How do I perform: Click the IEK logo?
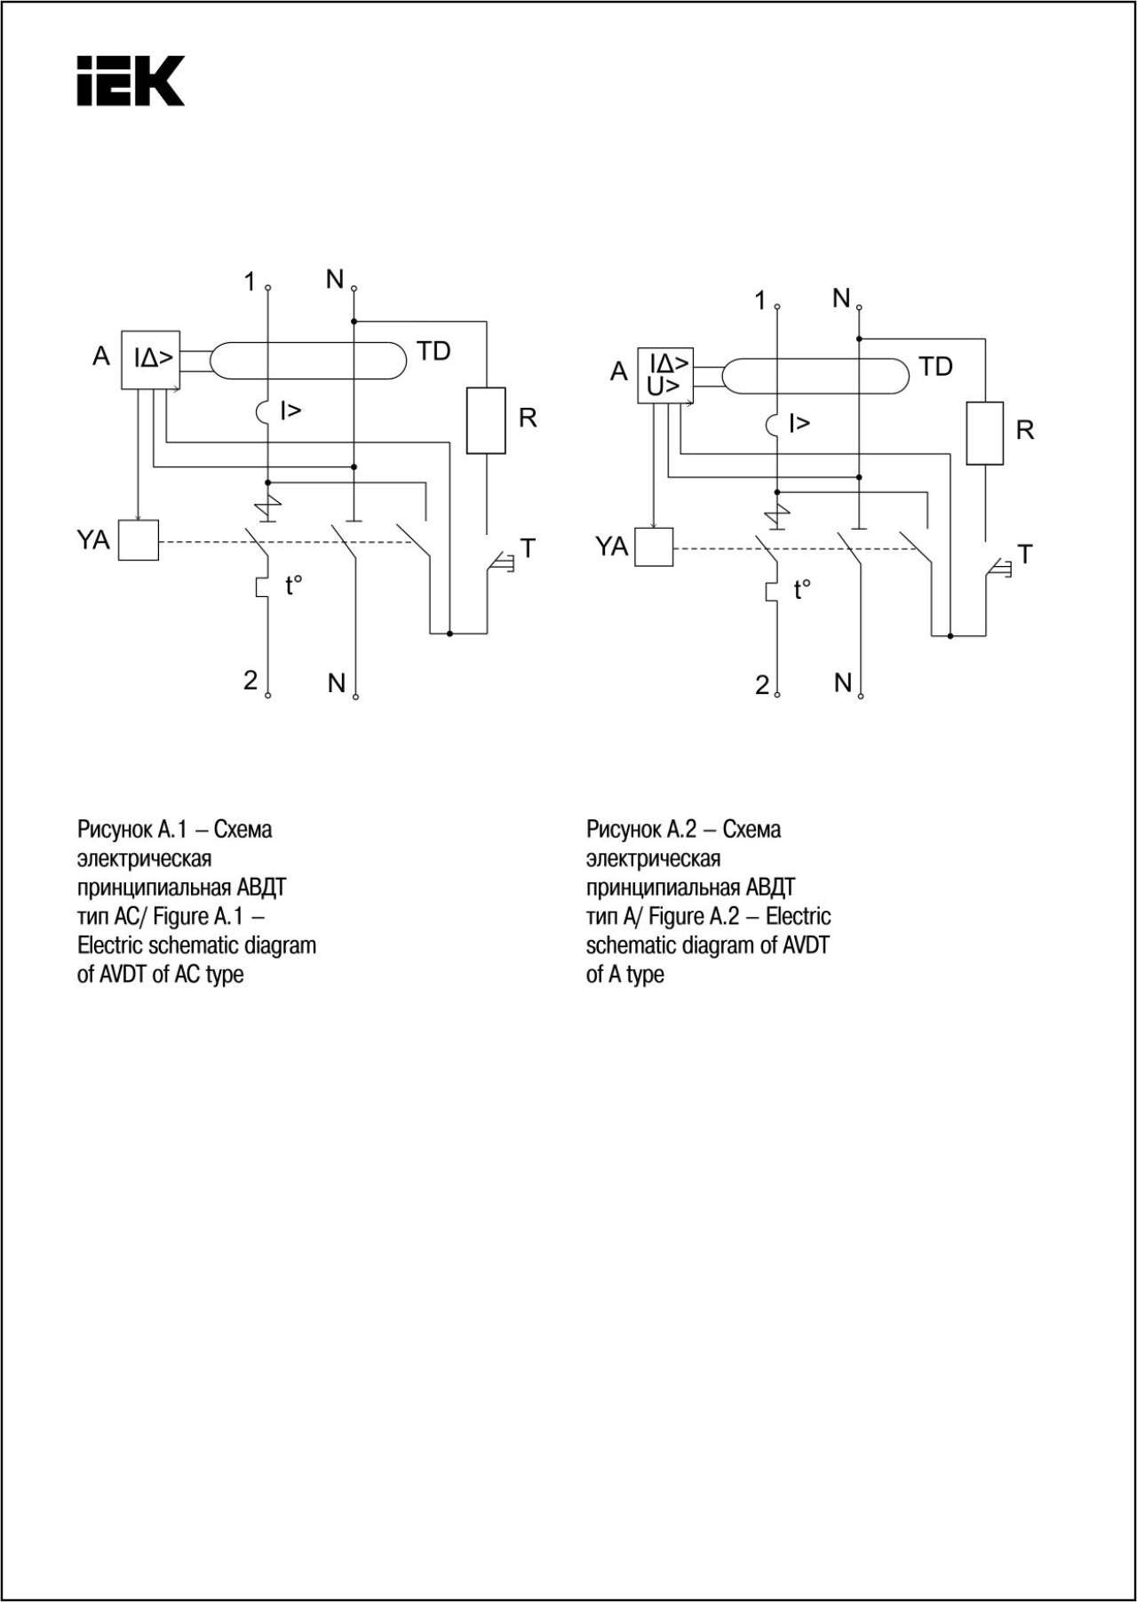[x=131, y=81]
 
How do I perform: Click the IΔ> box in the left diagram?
[x=150, y=359]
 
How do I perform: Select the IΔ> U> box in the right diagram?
[x=665, y=376]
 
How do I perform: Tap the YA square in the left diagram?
[x=139, y=540]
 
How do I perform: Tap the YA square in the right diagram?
[x=654, y=547]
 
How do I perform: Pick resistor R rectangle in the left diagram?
[x=486, y=420]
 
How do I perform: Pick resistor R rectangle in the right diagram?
[x=985, y=433]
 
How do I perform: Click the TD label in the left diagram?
[x=433, y=351]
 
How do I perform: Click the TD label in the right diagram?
[x=935, y=366]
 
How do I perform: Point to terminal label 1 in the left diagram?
[x=250, y=283]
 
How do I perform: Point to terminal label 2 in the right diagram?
[x=762, y=685]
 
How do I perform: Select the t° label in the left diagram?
[x=293, y=585]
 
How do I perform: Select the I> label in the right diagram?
[x=799, y=423]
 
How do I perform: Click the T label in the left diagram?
[x=528, y=548]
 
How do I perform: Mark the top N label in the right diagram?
[x=841, y=299]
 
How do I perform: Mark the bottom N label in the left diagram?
[x=336, y=683]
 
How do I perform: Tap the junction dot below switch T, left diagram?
[x=449, y=634]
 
